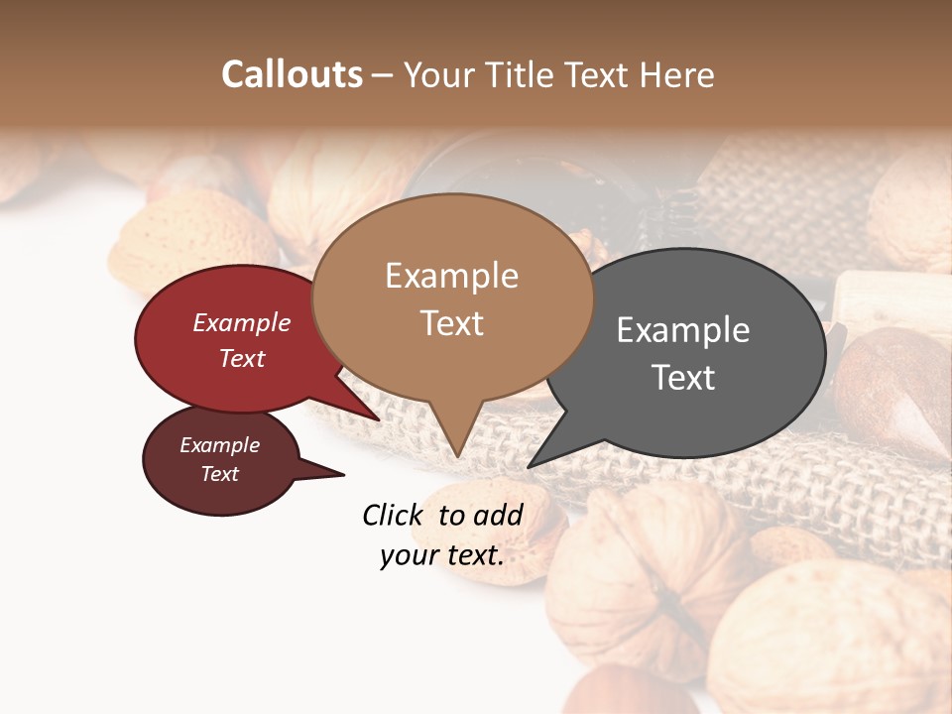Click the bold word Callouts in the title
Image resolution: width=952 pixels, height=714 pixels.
(292, 74)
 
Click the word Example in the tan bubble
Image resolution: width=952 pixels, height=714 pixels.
(451, 276)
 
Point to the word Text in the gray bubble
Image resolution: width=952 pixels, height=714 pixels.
(683, 378)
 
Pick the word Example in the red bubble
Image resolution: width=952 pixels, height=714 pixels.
(242, 322)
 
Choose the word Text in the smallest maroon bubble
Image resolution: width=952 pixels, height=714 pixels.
(220, 474)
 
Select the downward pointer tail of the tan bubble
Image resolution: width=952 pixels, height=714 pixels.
(456, 436)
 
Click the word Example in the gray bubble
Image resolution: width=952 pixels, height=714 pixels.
(683, 330)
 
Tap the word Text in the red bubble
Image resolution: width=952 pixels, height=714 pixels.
(242, 358)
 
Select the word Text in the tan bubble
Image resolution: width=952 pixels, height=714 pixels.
(451, 323)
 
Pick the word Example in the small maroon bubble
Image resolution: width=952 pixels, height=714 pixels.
(220, 445)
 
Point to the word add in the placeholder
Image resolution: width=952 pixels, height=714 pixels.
(497, 515)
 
